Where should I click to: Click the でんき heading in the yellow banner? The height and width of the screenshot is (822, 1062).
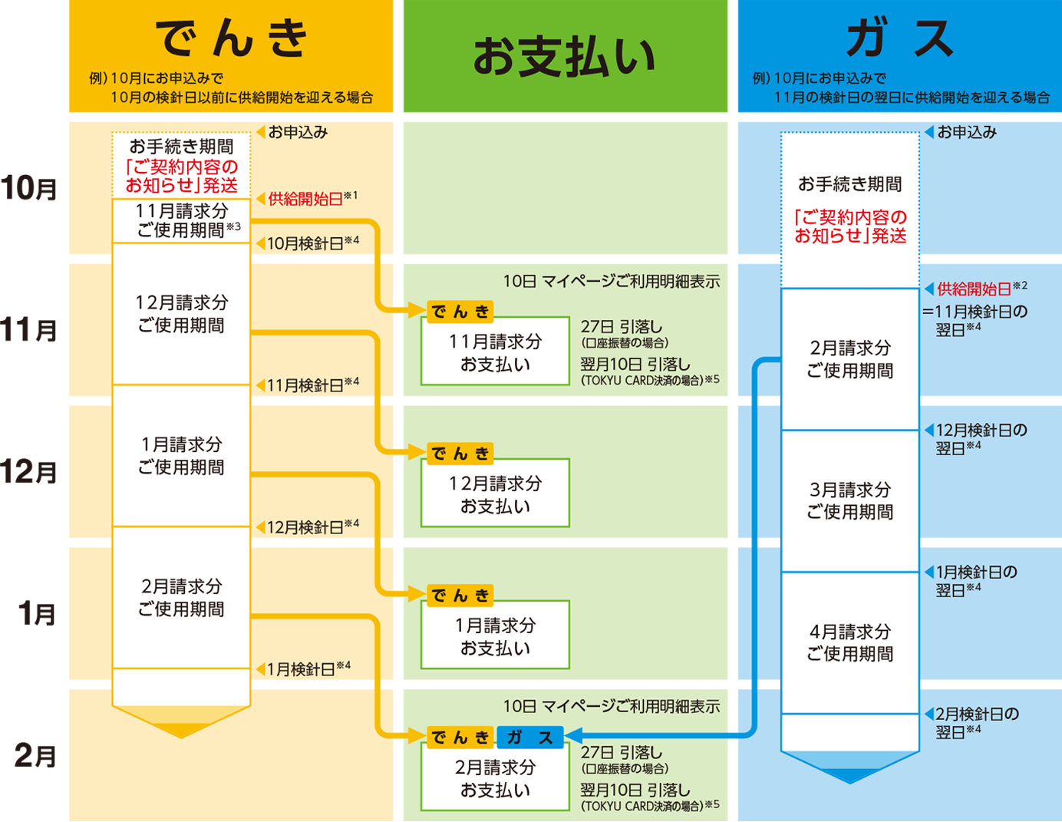click(231, 38)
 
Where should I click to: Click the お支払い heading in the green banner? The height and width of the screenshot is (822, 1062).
click(564, 57)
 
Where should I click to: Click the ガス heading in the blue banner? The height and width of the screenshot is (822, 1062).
click(899, 38)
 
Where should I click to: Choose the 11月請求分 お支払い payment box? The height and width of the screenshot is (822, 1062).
click(495, 352)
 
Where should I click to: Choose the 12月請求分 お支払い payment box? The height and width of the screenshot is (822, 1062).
click(495, 494)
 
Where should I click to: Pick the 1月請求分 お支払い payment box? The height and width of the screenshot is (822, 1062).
click(495, 636)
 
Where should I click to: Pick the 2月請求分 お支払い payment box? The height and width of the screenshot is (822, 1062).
click(495, 778)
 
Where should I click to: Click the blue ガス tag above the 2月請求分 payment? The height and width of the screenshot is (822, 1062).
click(530, 738)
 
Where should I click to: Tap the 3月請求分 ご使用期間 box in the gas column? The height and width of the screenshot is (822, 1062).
click(849, 500)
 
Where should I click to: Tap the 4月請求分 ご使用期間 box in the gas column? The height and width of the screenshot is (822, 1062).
click(849, 642)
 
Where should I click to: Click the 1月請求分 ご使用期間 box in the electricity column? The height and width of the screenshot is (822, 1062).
click(181, 455)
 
